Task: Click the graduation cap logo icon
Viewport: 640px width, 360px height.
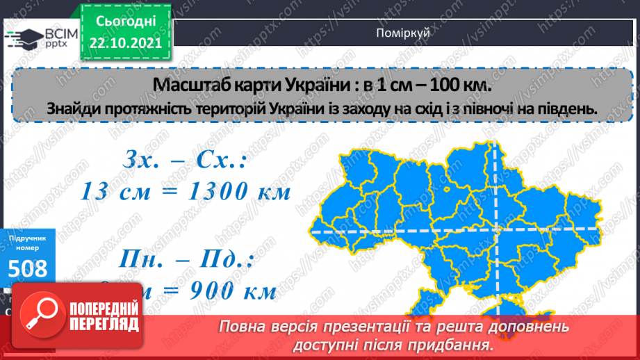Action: point(24,38)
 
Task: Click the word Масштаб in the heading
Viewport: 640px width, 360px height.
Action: point(187,85)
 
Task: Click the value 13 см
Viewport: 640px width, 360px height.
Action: point(115,192)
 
